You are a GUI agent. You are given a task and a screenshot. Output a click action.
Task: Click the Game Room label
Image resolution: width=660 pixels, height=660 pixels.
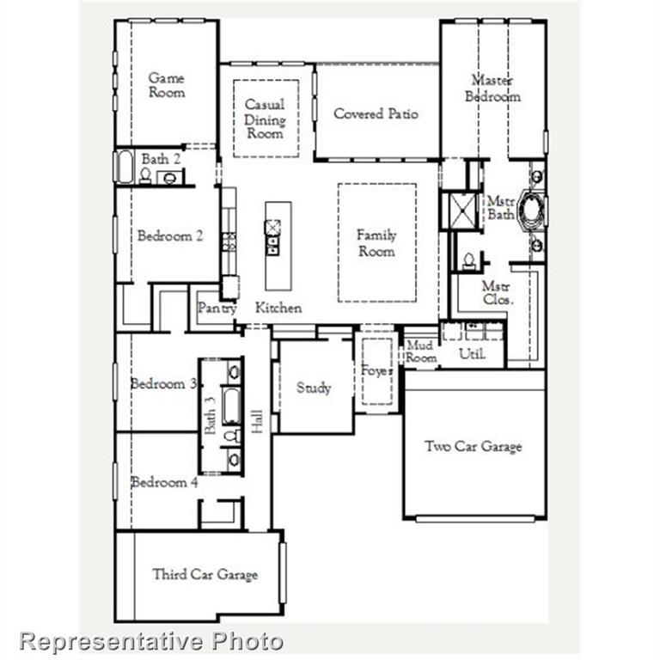167,84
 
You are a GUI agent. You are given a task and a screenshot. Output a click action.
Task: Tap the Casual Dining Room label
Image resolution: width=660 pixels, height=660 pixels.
265,119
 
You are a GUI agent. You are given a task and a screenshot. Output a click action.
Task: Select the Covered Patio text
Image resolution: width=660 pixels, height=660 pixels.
376,113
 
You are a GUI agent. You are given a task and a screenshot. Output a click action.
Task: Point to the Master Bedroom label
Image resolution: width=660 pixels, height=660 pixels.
492,89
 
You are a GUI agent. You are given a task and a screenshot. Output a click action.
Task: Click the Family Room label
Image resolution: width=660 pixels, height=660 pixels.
376,242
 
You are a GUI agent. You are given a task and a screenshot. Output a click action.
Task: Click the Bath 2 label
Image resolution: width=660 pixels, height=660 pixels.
161,159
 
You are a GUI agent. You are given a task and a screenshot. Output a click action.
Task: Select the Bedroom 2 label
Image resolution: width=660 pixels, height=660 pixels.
170,235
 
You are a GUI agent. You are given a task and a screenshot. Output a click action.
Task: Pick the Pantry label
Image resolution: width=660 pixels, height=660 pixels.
217,308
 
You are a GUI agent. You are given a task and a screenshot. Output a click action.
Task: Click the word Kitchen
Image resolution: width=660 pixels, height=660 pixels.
278,308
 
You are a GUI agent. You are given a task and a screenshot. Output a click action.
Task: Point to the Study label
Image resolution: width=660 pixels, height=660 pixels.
314,388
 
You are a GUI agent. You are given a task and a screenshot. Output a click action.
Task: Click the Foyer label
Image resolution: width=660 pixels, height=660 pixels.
376,371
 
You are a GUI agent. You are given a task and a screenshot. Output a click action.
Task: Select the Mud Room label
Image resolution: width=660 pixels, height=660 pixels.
421,351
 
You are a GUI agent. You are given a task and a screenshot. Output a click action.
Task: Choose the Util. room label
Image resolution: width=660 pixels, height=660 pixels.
473,353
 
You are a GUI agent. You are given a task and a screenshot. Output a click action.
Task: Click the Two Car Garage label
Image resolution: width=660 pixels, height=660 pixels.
473,446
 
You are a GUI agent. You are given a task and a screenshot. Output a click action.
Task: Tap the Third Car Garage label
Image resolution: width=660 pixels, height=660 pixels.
205,574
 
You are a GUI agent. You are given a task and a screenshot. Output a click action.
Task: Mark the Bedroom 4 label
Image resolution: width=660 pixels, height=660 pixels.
164,483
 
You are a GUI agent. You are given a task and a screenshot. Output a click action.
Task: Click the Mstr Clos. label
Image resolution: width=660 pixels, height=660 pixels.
497,293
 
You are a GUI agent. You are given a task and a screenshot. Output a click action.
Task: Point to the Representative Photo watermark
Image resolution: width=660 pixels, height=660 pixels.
151,641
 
